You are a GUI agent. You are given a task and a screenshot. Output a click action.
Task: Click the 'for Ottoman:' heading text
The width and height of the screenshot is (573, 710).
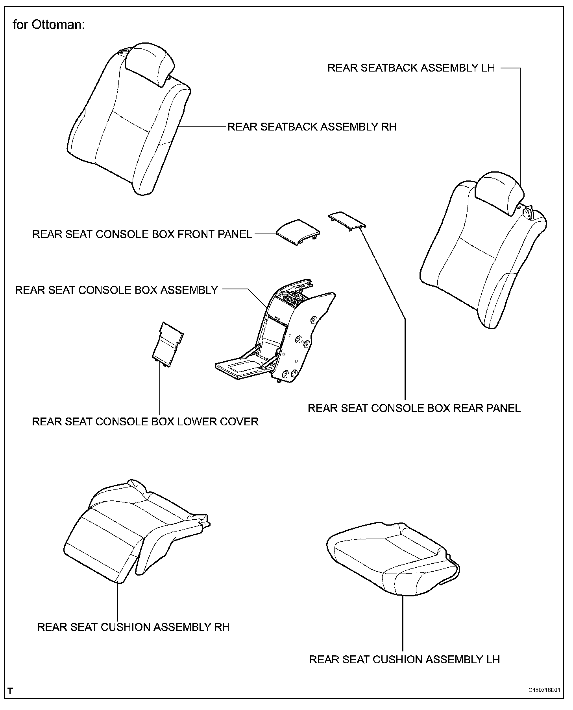coord(48,25)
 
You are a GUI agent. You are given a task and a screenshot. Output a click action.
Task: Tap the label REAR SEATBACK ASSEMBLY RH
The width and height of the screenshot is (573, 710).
coord(312,127)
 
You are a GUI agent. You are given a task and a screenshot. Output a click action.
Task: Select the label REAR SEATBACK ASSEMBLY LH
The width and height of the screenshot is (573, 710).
coord(411,68)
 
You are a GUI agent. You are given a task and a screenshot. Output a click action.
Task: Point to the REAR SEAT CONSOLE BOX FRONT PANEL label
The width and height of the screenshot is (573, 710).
coord(142,234)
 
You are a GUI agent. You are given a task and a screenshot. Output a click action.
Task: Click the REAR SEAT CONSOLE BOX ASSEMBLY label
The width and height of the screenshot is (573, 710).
coord(116,290)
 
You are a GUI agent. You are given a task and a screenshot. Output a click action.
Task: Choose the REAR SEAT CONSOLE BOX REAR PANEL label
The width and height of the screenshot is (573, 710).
coord(414,408)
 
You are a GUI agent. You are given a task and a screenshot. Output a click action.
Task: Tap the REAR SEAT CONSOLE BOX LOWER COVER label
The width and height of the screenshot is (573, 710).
coord(145,421)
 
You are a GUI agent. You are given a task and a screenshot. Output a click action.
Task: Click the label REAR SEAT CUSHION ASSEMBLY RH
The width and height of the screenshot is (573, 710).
coord(133,627)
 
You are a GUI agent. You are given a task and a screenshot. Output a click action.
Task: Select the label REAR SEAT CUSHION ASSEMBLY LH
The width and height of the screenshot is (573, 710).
coord(405,659)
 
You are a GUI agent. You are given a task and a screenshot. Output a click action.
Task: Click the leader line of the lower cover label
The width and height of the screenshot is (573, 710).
coord(160,389)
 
